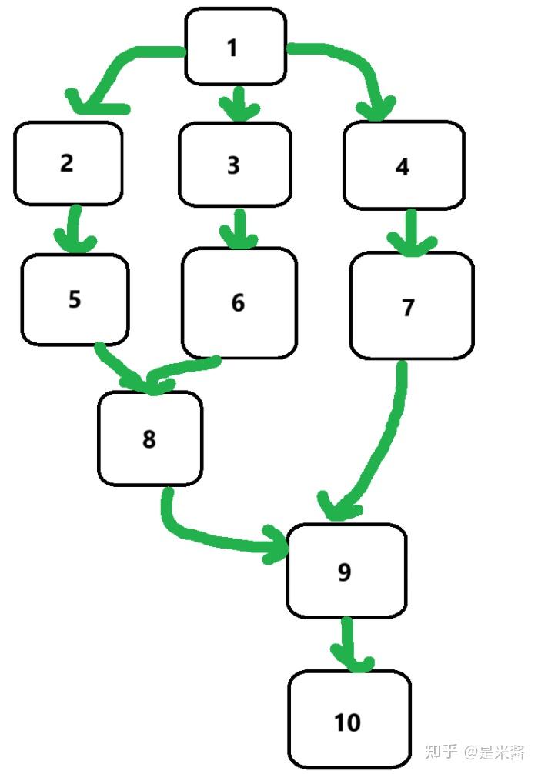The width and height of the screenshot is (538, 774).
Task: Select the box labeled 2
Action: tap(68, 163)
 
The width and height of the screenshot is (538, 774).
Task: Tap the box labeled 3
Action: tap(235, 164)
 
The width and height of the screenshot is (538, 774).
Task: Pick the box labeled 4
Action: tap(403, 165)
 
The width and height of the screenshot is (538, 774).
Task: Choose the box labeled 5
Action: tap(75, 299)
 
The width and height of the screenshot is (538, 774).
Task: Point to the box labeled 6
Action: tap(239, 302)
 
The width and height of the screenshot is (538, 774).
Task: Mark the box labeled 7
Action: tap(411, 306)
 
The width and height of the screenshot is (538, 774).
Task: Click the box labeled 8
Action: tap(149, 439)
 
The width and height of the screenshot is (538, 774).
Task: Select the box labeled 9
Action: tap(346, 571)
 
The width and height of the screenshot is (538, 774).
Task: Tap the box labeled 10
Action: tap(349, 721)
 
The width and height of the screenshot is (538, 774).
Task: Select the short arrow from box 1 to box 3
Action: tap(238, 104)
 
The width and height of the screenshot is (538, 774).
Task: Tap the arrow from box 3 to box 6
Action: tap(239, 227)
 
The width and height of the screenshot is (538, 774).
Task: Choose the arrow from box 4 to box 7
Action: tap(410, 231)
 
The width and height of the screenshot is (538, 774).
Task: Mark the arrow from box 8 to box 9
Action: tap(216, 539)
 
